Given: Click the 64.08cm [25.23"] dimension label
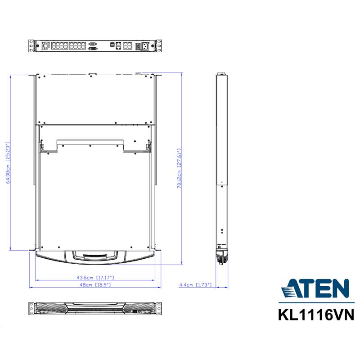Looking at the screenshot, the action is [8, 162].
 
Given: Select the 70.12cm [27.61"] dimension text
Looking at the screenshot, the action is [179, 168].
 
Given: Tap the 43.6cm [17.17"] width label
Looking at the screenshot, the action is [95, 277].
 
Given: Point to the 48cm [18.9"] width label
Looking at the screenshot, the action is [95, 285].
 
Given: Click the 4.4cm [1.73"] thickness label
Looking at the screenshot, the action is [195, 285].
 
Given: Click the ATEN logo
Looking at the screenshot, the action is [315, 288].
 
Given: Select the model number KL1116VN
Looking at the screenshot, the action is [316, 315].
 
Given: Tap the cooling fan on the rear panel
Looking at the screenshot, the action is [46, 45].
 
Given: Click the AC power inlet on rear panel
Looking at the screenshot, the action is [145, 46].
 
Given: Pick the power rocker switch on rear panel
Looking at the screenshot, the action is [138, 46].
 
